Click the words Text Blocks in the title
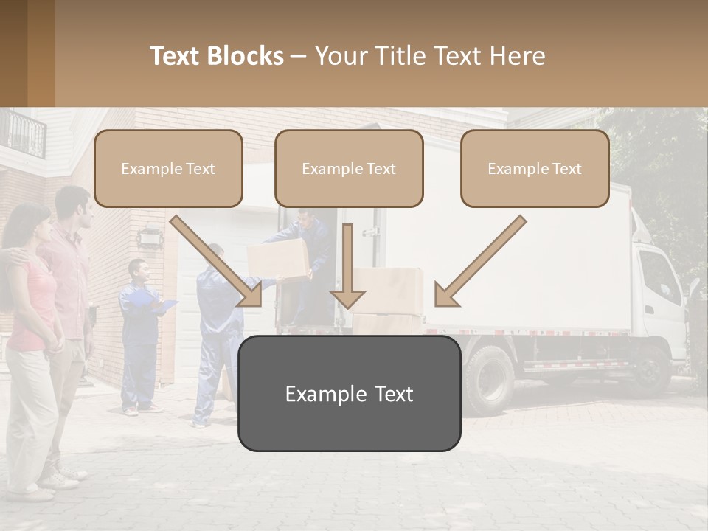(216, 56)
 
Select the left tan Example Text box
(168, 169)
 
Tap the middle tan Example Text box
(349, 169)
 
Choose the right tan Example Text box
(535, 169)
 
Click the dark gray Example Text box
(349, 394)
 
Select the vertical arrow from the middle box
(348, 265)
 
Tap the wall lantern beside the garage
(147, 237)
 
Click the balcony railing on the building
(22, 133)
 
